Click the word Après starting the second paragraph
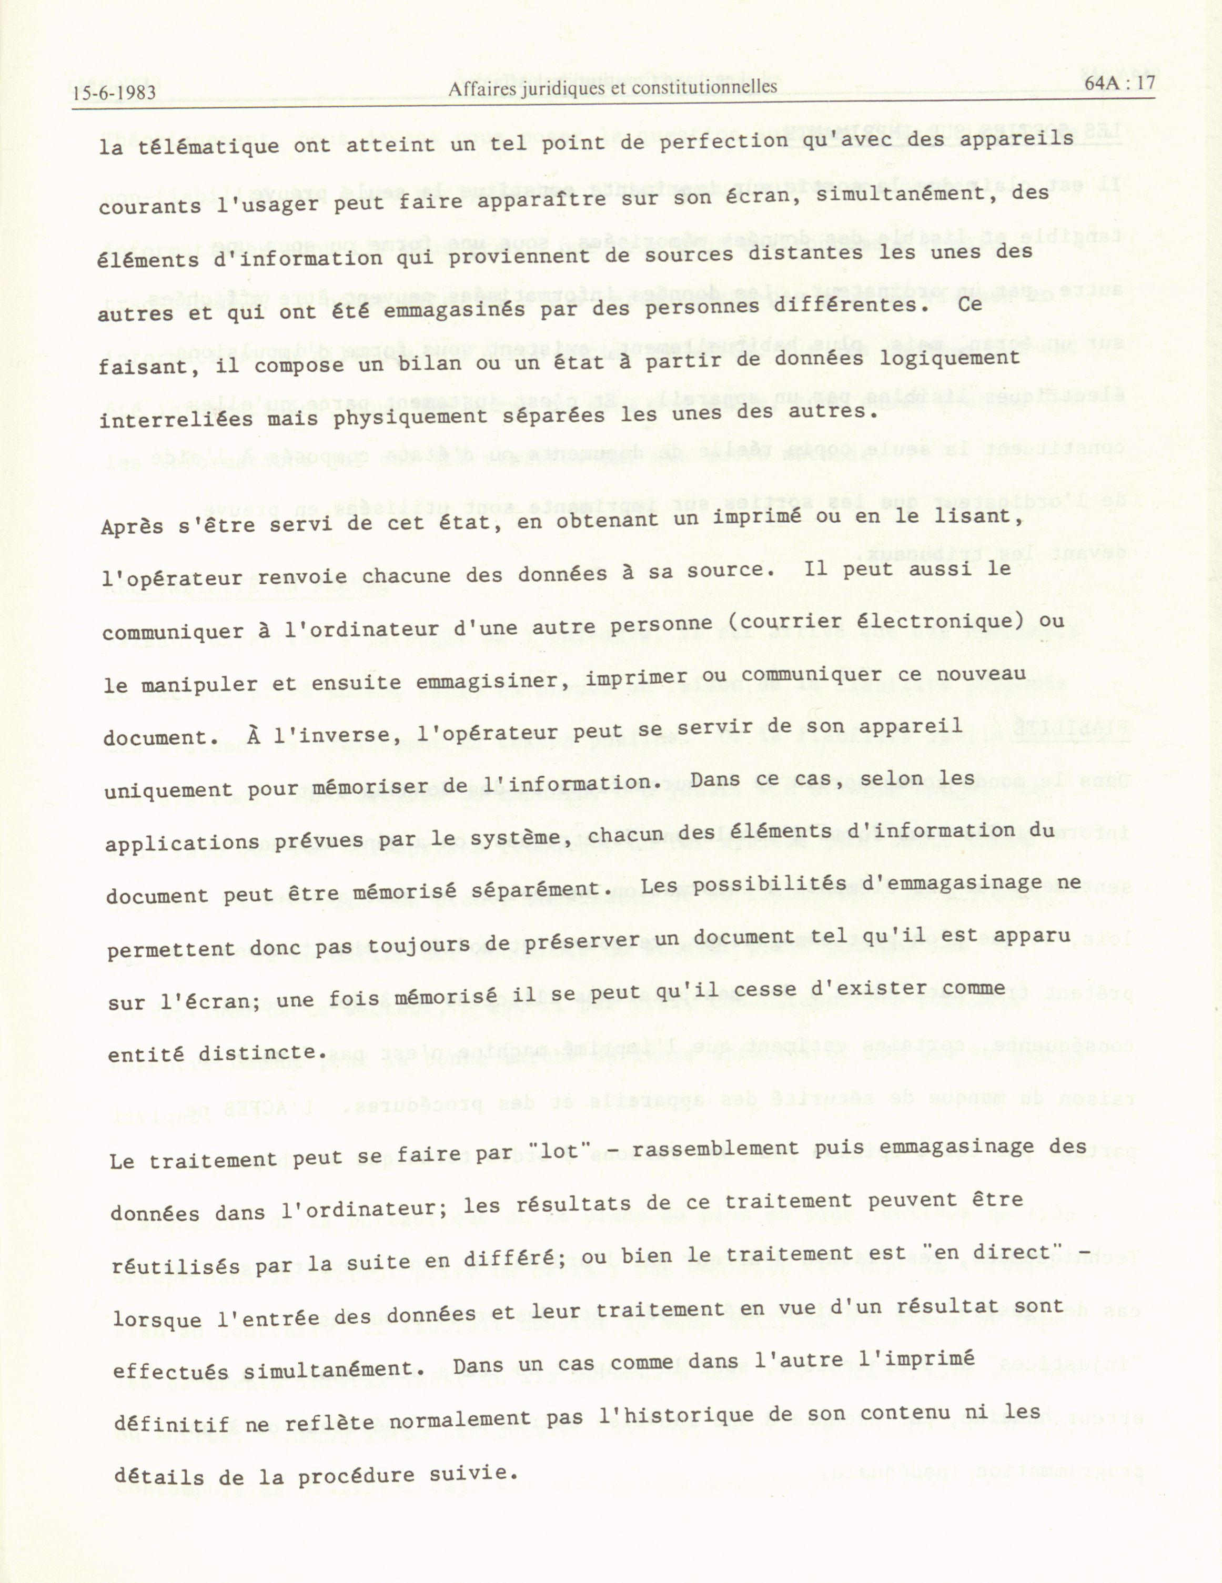click(133, 526)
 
